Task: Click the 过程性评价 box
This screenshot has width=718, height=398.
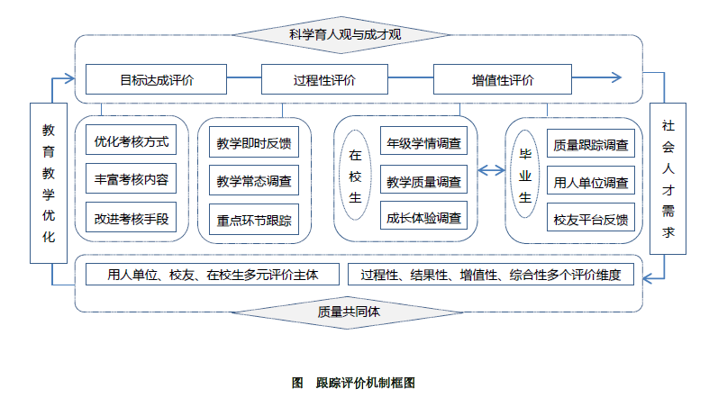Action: [x=324, y=79]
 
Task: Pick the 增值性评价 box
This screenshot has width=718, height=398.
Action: [x=502, y=79]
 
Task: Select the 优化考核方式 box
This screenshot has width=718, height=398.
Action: [x=132, y=141]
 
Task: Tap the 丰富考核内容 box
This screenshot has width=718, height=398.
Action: [x=132, y=179]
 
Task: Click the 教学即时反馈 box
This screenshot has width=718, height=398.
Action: [x=254, y=141]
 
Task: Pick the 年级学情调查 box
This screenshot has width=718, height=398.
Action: [x=423, y=141]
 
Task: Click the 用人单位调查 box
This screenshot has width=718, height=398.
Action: [x=591, y=181]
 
